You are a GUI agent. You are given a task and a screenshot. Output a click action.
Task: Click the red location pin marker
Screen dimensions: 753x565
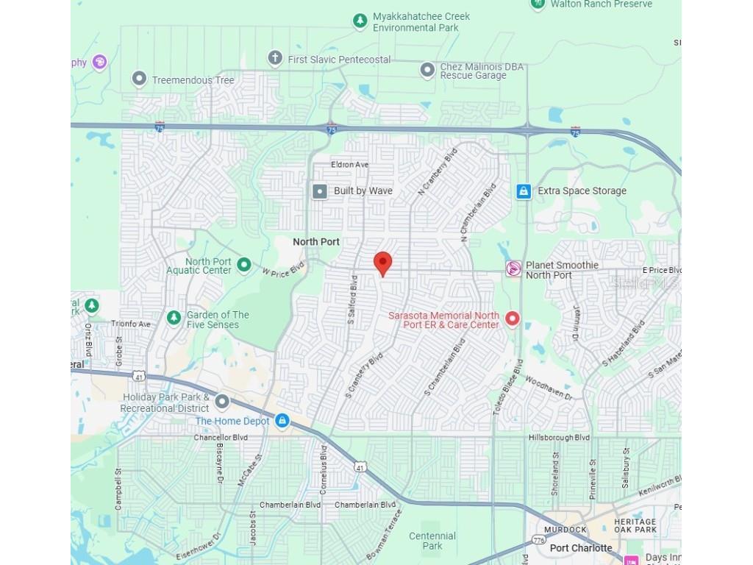(382, 263)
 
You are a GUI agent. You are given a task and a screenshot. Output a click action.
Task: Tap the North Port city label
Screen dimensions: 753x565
(316, 241)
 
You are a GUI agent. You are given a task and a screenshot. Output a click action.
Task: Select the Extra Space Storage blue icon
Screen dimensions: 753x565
(524, 191)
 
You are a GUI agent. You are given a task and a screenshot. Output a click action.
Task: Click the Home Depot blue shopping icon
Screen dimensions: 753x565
(281, 421)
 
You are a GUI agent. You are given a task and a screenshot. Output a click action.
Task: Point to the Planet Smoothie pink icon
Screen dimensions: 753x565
(513, 269)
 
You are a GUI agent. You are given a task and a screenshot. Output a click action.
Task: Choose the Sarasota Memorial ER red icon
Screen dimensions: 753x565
(513, 319)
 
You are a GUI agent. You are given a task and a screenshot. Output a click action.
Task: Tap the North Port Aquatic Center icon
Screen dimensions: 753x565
(244, 265)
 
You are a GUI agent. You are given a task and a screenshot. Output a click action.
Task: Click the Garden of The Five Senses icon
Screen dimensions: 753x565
(174, 318)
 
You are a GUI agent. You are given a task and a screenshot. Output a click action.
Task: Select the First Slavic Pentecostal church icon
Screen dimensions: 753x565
(275, 58)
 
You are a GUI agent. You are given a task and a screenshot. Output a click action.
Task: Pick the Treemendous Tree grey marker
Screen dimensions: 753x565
(139, 79)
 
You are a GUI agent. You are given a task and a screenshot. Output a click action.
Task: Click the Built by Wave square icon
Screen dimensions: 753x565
(320, 191)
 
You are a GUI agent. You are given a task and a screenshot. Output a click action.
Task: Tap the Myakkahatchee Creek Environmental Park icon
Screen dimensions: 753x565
(360, 21)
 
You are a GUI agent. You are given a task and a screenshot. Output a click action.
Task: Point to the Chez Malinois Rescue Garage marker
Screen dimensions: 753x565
(427, 70)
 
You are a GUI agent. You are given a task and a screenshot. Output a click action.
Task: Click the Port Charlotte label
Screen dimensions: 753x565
(581, 547)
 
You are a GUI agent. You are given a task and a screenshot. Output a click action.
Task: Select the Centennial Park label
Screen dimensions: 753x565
(432, 541)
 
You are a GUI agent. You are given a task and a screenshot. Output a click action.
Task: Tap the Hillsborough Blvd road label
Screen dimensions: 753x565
(559, 438)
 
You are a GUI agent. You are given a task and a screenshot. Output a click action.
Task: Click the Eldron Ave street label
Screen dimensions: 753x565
(350, 165)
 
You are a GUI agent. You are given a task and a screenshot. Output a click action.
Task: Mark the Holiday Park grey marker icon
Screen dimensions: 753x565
(221, 402)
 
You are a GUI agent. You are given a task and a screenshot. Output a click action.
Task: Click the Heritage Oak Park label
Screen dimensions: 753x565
(635, 525)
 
